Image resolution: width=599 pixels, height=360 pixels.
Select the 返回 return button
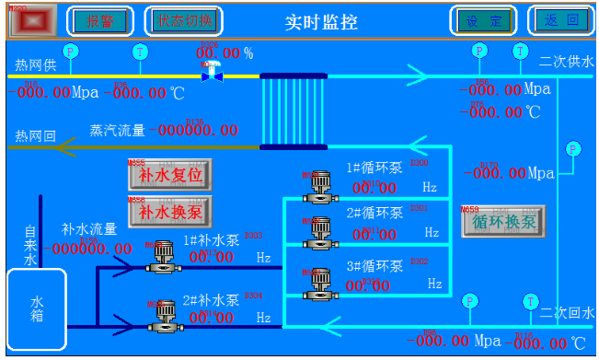tap(560, 20)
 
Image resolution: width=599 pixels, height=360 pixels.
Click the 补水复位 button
tap(169, 174)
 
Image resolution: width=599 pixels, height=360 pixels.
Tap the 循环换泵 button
tap(502, 222)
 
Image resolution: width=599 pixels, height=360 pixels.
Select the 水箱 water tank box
tap(37, 308)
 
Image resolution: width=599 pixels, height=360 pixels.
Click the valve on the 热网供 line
tap(213, 73)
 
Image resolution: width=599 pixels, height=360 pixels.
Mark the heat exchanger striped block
tap(294, 110)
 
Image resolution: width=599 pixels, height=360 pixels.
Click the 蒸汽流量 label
tap(117, 131)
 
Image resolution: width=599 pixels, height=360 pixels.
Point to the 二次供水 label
tap(567, 62)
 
